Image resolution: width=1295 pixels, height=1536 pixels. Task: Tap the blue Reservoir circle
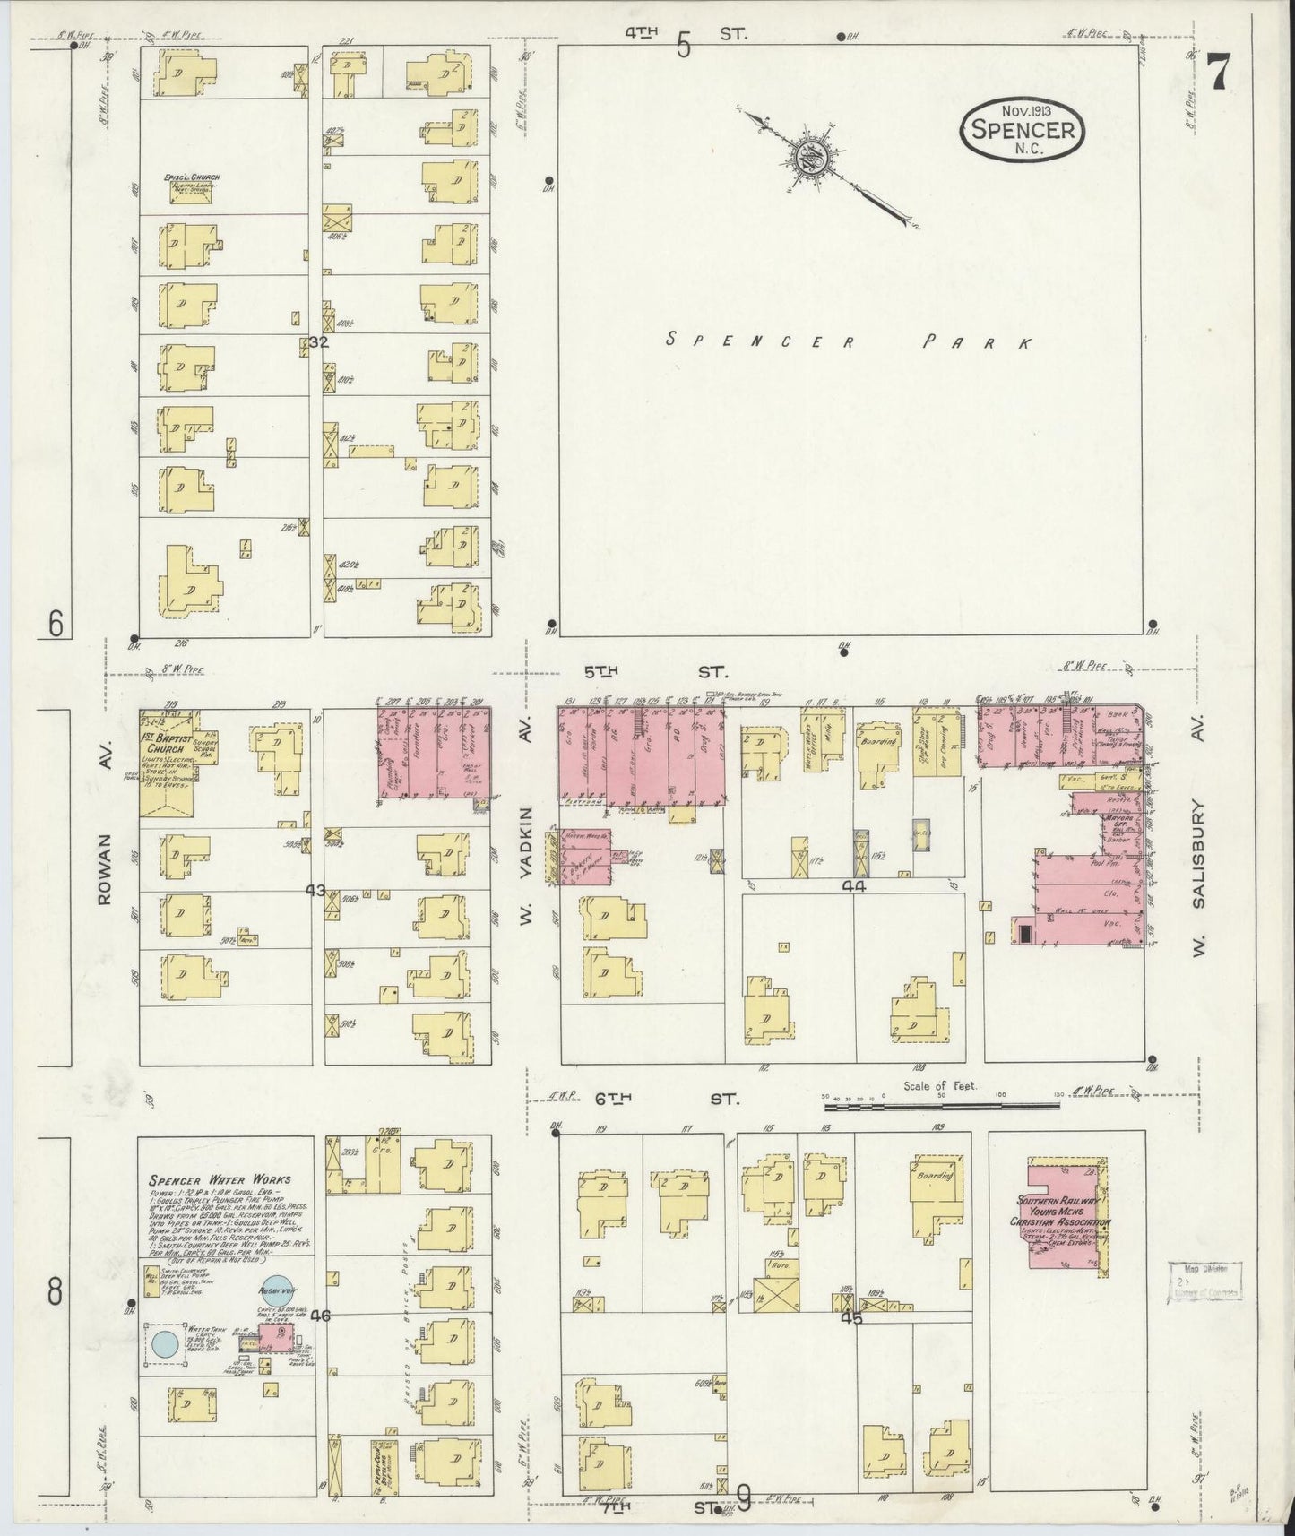pos(276,1291)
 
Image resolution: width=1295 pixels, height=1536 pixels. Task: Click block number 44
pos(853,885)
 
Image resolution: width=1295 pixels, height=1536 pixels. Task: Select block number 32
pos(318,342)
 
